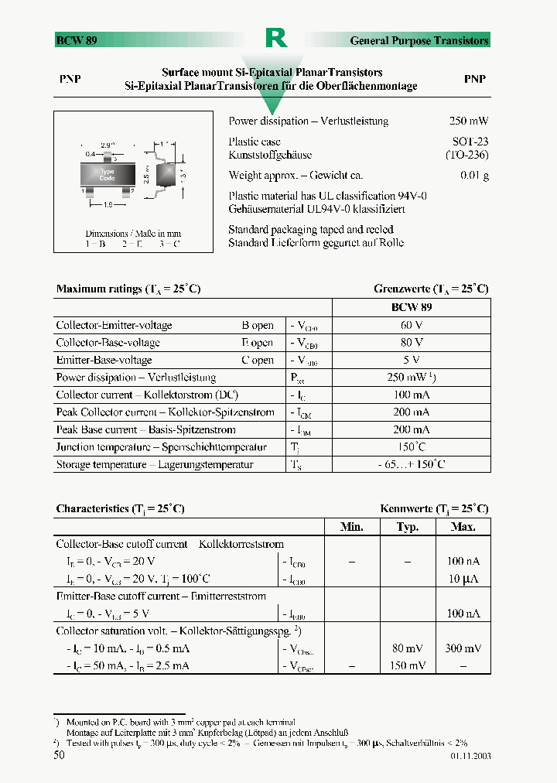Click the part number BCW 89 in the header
[x=76, y=40]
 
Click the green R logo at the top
[x=276, y=38]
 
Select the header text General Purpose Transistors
[x=419, y=40]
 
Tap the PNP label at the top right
[x=474, y=79]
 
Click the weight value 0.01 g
[x=474, y=176]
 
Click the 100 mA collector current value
[x=411, y=395]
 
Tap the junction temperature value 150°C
[x=411, y=447]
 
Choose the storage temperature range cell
[x=411, y=464]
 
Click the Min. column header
[x=352, y=527]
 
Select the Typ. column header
[x=408, y=527]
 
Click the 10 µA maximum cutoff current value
[x=463, y=579]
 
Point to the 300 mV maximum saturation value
[x=463, y=648]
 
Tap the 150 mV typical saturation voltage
[x=408, y=665]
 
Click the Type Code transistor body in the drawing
[x=107, y=175]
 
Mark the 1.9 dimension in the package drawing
[x=108, y=205]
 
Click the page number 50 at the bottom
[x=59, y=755]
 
